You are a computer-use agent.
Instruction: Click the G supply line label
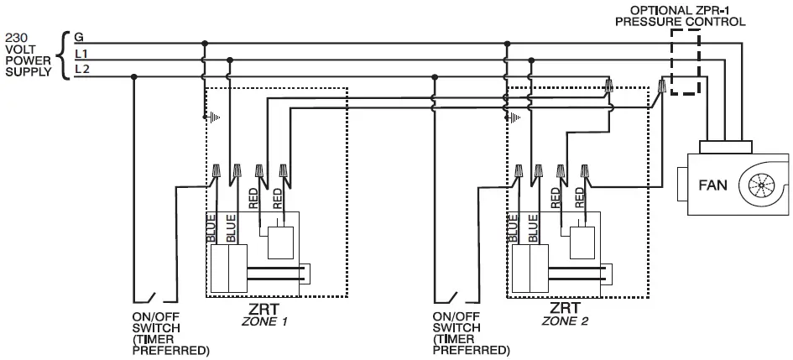point(78,38)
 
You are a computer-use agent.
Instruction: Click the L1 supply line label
point(80,55)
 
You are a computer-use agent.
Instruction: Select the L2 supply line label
point(81,71)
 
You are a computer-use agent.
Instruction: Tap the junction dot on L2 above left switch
point(134,76)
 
